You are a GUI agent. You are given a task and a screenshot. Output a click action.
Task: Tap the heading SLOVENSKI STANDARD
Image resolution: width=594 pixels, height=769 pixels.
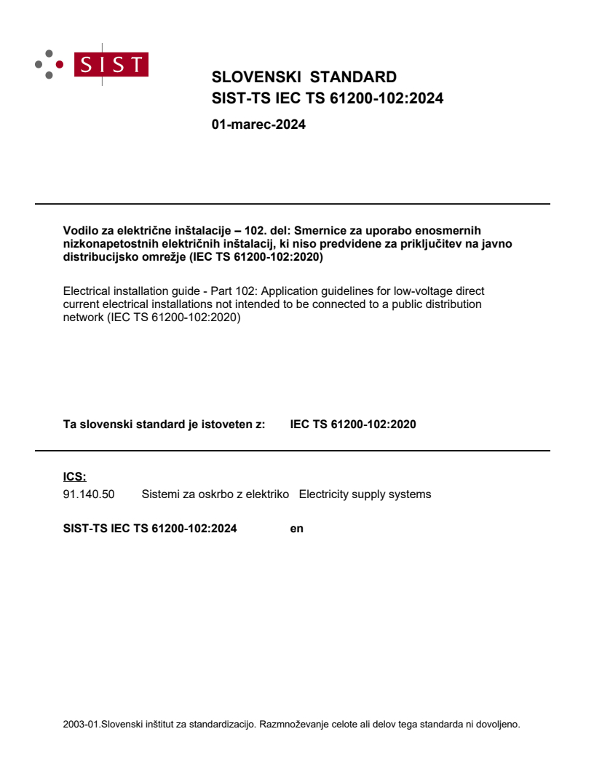(x=304, y=77)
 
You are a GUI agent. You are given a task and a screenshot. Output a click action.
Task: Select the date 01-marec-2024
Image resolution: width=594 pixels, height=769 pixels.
(x=258, y=125)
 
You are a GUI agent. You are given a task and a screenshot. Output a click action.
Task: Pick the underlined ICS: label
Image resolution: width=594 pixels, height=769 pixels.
(x=74, y=477)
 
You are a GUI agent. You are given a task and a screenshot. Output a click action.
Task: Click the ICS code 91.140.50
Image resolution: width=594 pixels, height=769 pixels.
(x=89, y=494)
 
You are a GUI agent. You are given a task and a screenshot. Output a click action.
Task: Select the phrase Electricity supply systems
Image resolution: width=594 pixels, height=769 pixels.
(x=365, y=494)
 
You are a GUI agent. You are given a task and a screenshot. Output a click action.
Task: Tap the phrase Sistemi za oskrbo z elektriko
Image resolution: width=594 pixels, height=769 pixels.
(x=215, y=494)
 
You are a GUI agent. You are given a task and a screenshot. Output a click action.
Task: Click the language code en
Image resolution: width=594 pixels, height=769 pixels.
(x=296, y=529)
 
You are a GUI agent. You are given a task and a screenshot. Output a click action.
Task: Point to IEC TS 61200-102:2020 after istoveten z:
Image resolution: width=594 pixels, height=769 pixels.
(x=353, y=425)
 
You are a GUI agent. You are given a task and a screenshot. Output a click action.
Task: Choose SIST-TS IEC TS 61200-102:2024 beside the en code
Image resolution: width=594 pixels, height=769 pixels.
(x=150, y=529)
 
